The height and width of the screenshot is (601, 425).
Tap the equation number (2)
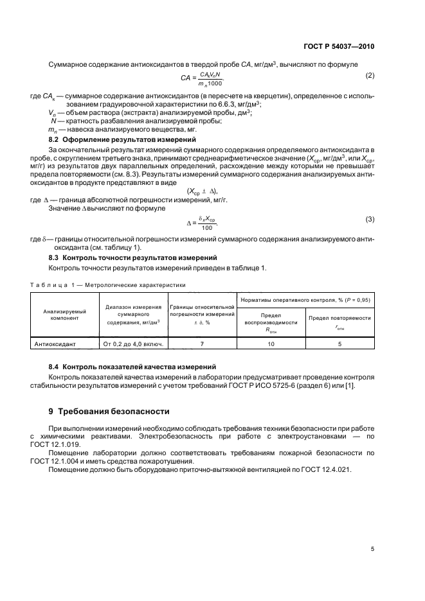tap(370, 76)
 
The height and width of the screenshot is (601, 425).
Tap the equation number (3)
tap(370, 220)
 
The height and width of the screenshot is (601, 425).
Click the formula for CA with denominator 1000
tap(201, 79)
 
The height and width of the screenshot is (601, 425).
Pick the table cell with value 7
tap(202, 344)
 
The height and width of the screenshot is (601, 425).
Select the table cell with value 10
tap(271, 344)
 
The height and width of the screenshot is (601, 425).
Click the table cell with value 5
tap(339, 344)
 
